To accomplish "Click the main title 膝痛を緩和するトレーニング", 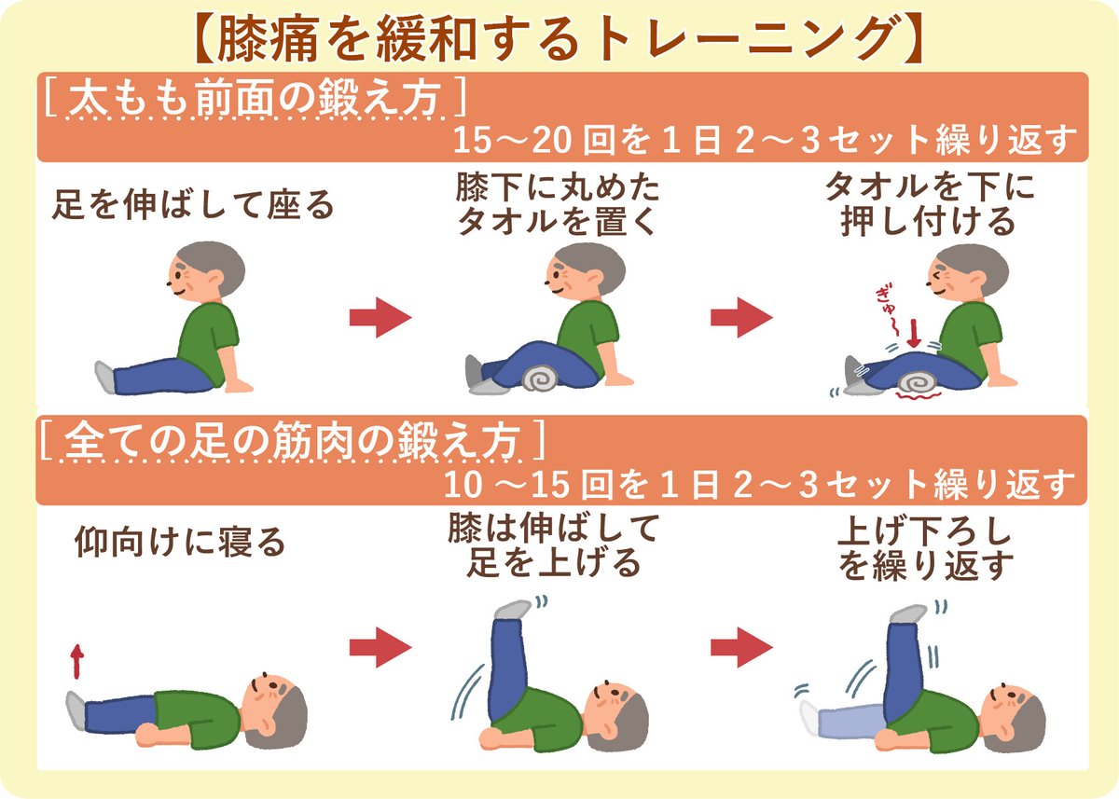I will point(559,37).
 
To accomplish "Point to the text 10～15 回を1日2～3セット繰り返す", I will point(760,485).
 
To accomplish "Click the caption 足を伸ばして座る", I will point(191,204).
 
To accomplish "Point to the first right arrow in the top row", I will point(380,318).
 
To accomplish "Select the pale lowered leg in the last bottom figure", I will point(844,718).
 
